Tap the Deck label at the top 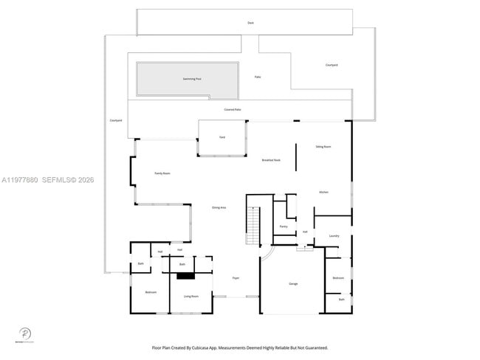coord(250,23)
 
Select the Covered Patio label coord(233,109)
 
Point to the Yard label coord(222,138)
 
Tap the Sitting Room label coord(323,147)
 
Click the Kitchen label coord(323,193)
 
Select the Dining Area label coord(219,208)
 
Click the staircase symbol coord(253,226)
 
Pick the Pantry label coord(284,226)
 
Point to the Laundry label coord(334,236)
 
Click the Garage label coord(292,284)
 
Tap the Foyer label coord(236,278)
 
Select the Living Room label coord(191,296)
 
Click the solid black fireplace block coord(184,276)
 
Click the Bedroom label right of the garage coord(338,277)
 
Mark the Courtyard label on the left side coord(115,120)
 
